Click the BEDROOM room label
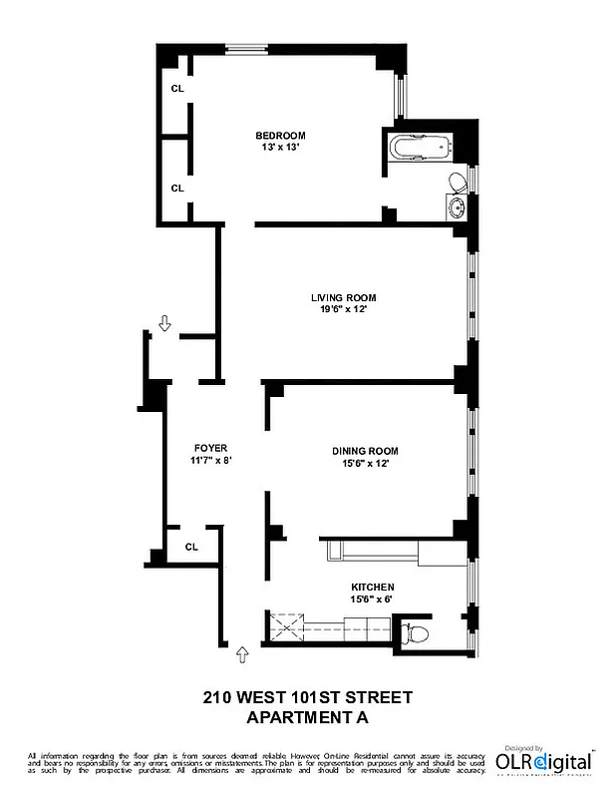[x=280, y=136]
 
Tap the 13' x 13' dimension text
[x=280, y=148]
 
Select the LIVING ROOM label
[x=343, y=297]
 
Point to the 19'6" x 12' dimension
[x=343, y=309]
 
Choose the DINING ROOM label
[x=366, y=451]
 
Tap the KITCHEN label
[x=372, y=588]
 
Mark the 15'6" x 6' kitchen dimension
[x=372, y=599]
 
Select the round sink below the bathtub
[x=457, y=208]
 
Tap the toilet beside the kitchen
[x=415, y=633]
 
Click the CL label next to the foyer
[x=191, y=546]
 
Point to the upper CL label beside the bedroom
[x=177, y=89]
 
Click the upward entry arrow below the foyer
[x=240, y=654]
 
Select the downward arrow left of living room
[x=164, y=322]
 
